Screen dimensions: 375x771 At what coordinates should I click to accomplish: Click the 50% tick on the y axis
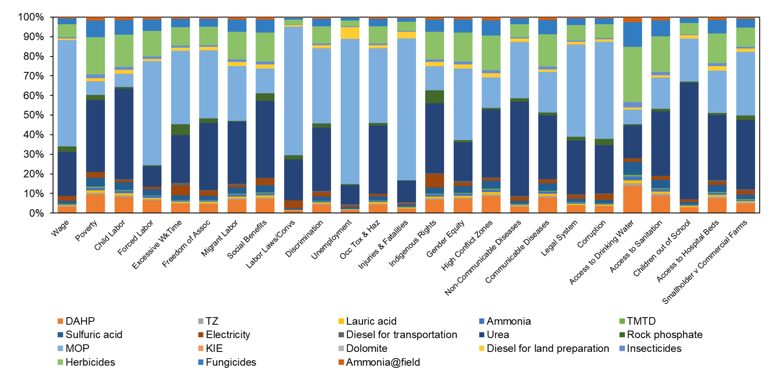click(33, 115)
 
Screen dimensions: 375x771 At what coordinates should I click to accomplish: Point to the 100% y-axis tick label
click(31, 17)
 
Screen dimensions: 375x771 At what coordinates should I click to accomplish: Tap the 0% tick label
click(36, 213)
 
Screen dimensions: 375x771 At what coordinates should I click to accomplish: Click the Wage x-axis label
click(60, 228)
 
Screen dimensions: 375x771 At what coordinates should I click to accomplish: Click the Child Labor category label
click(110, 235)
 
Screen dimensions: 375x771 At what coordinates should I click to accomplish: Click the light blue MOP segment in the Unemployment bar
click(350, 111)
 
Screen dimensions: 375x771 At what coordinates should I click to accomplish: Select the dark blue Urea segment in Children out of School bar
click(689, 141)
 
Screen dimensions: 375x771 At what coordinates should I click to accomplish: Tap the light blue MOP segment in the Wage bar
click(67, 93)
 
